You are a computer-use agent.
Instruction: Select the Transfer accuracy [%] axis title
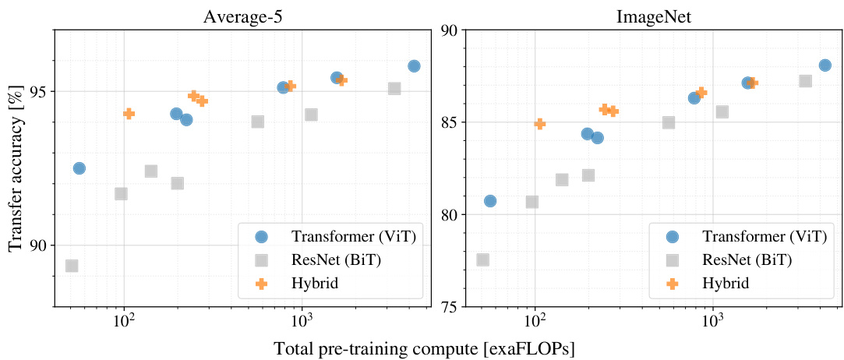[16, 168]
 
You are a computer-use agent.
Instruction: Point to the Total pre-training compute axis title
[424, 348]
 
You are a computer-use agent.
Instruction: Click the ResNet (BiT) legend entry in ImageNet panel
[726, 260]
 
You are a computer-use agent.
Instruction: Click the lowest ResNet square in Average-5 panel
[72, 266]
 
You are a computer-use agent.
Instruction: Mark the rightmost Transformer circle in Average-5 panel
[414, 66]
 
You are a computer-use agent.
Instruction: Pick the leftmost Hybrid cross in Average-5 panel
[129, 114]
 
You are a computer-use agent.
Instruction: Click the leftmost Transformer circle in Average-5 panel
[79, 168]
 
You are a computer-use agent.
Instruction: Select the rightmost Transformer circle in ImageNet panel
[825, 65]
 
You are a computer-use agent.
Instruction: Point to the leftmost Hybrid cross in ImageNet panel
[539, 123]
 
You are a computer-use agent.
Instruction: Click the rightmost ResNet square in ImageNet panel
[805, 81]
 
